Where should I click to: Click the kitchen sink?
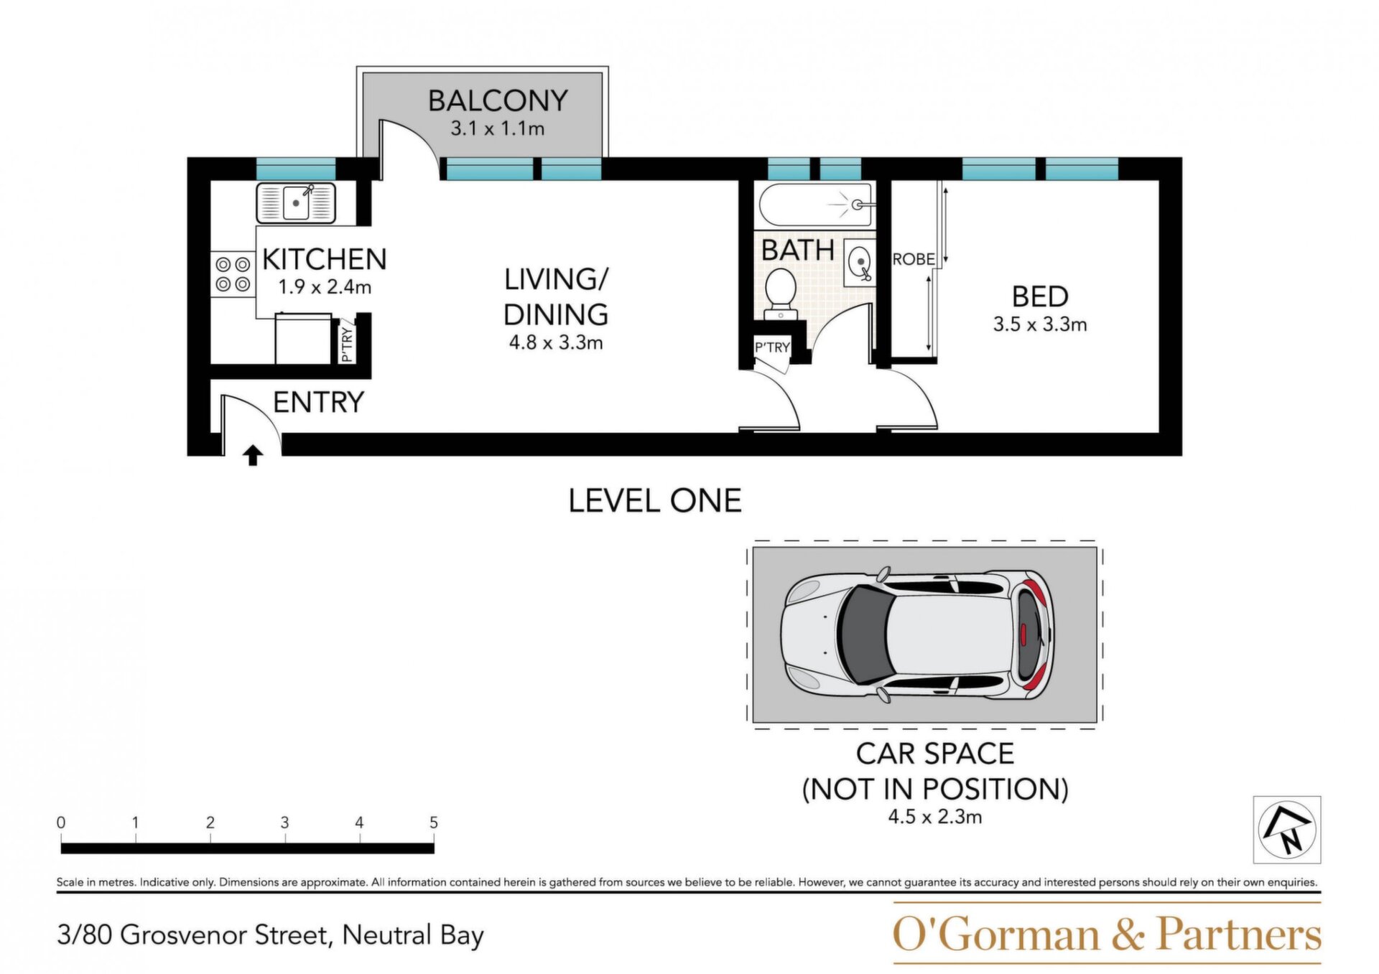pos(296,203)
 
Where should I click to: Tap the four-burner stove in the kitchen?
pos(233,274)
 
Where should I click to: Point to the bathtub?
pos(817,205)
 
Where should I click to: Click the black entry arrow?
pos(252,455)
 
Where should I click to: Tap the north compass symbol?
pos(1287,830)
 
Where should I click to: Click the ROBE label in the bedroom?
pos(914,259)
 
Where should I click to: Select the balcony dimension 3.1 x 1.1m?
pos(497,128)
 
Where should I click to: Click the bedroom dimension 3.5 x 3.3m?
pos(1040,324)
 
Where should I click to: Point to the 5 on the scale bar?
pos(434,823)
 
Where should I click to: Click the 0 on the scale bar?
pos(61,823)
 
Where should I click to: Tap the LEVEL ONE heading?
pos(655,501)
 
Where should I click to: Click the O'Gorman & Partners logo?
pos(1107,934)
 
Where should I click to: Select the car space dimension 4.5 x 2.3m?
pos(935,817)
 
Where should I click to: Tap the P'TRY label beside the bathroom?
pos(772,347)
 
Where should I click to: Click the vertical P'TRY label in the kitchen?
pos(347,345)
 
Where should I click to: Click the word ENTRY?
pos(319,402)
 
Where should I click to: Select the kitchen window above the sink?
pos(296,169)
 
